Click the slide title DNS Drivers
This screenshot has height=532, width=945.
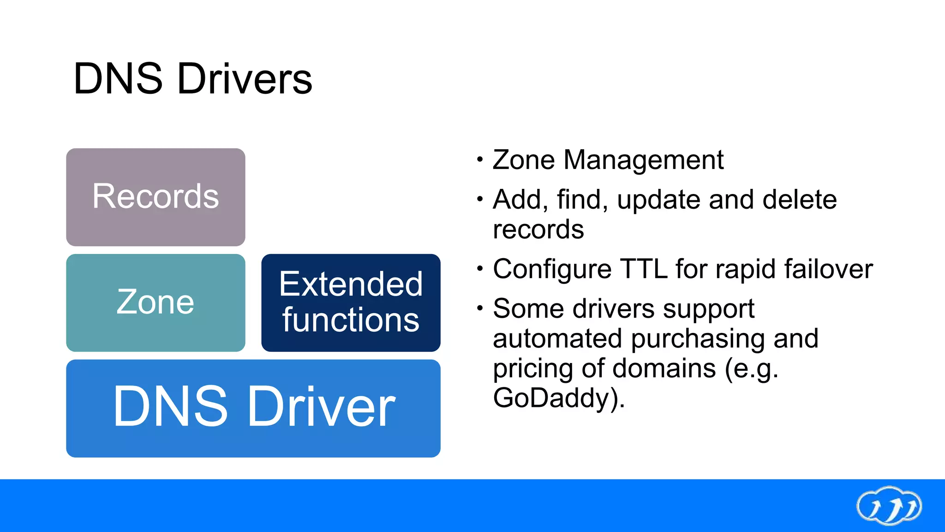(193, 79)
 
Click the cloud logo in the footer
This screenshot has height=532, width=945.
(889, 506)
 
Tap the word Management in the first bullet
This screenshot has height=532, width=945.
(643, 160)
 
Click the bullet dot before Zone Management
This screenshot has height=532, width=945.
(480, 160)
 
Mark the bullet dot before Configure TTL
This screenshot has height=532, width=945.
(480, 268)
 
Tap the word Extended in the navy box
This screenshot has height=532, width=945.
(351, 284)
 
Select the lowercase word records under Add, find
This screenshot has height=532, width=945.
(538, 230)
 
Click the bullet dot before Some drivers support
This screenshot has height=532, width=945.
(480, 308)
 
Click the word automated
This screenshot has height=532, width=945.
(557, 339)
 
